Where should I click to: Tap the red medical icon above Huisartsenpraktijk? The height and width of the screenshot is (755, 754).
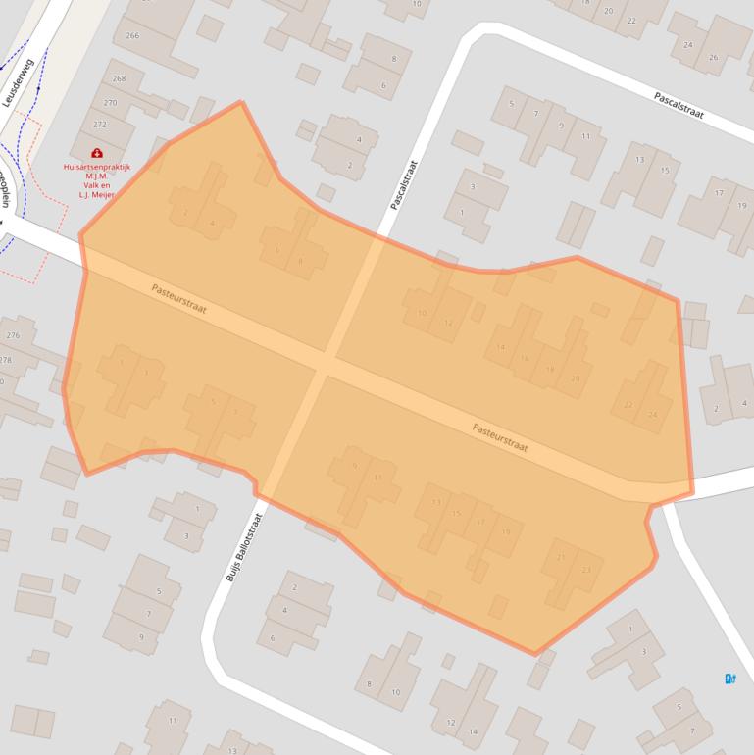coord(96,153)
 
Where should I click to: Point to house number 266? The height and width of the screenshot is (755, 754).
coord(133,36)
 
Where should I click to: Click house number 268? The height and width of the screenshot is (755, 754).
coord(120,78)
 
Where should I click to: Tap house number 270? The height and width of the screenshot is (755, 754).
coord(110,102)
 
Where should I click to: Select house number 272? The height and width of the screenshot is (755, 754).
coord(99,125)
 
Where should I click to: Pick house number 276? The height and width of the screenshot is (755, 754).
coord(12,336)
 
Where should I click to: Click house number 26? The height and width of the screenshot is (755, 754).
coord(713,57)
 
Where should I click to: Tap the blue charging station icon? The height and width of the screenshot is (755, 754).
coord(729,678)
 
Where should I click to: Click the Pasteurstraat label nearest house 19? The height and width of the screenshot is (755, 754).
coord(500,437)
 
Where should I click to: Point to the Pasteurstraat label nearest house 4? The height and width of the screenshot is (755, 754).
coord(179,298)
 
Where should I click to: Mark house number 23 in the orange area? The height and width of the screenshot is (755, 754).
coord(586,570)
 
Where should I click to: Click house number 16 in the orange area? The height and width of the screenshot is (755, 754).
coord(525,358)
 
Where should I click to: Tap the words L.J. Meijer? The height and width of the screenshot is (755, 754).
coord(96,194)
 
